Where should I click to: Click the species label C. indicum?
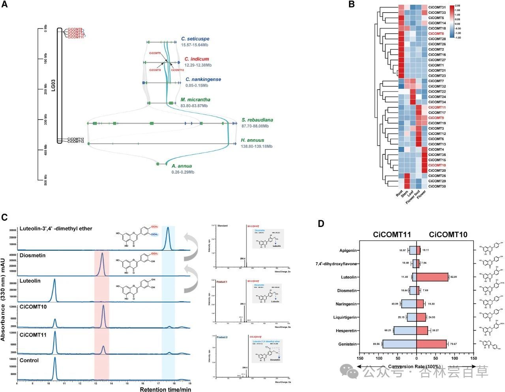point(196,59)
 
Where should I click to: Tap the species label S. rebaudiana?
point(257,120)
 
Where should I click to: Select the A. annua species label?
point(181,166)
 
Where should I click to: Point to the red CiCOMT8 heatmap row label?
point(436,34)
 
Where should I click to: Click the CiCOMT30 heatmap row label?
point(437,186)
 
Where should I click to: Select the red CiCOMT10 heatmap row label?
point(437,165)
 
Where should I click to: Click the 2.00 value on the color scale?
point(457,6)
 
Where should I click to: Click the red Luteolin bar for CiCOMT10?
point(432,277)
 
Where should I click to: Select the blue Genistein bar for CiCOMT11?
point(399,344)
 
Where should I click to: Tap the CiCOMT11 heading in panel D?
point(392,235)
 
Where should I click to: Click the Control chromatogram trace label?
point(29,360)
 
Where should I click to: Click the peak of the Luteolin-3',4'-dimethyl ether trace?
point(168,228)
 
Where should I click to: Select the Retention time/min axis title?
point(165,389)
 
